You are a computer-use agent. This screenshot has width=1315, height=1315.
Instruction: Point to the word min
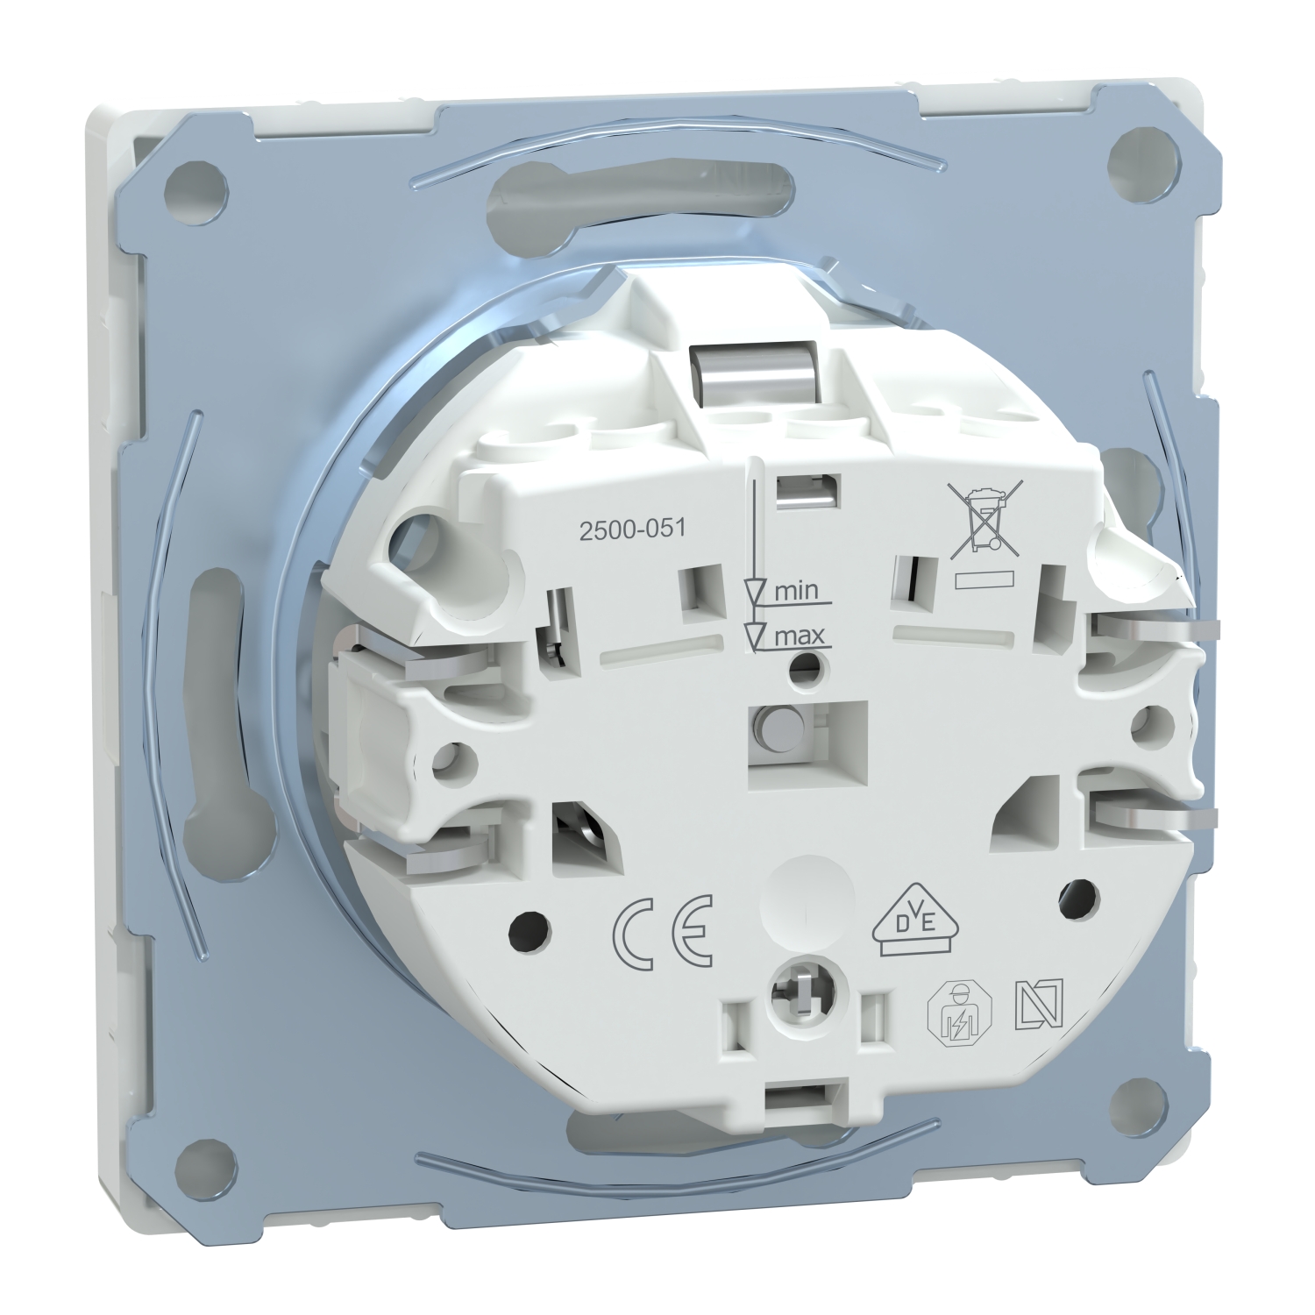click(x=796, y=589)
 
